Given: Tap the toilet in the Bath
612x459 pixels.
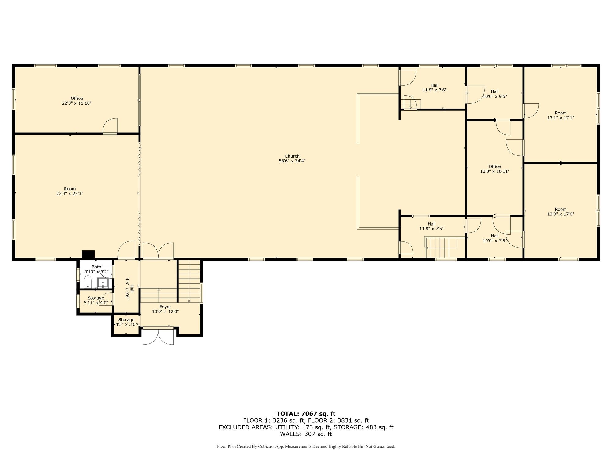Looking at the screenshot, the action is pyautogui.click(x=88, y=282).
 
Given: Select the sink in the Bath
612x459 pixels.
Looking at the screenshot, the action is pyautogui.click(x=103, y=282).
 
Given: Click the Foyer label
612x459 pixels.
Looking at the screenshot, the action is pyautogui.click(x=165, y=307).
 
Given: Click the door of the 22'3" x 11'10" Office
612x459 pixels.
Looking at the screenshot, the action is pyautogui.click(x=110, y=126).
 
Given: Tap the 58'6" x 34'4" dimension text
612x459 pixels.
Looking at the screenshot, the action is pyautogui.click(x=292, y=161).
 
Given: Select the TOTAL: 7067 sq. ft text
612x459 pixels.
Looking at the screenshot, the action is pyautogui.click(x=306, y=414).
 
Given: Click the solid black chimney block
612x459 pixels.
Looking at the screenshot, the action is pyautogui.click(x=88, y=254).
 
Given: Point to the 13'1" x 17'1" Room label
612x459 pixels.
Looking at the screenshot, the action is pyautogui.click(x=561, y=115).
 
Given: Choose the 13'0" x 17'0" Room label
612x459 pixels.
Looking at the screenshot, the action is pyautogui.click(x=561, y=212).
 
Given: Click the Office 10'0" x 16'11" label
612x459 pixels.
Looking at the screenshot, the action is pyautogui.click(x=495, y=169).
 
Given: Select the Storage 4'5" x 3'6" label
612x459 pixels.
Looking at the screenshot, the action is pyautogui.click(x=126, y=322).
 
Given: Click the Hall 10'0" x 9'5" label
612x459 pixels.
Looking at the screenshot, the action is pyautogui.click(x=495, y=94).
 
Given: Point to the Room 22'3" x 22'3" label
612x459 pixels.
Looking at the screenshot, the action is pyautogui.click(x=70, y=191).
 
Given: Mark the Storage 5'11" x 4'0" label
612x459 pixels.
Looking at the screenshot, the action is pyautogui.click(x=96, y=300).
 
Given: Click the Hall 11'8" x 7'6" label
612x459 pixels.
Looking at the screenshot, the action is pyautogui.click(x=434, y=88).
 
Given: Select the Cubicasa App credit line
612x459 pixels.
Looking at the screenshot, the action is pyautogui.click(x=306, y=446).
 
